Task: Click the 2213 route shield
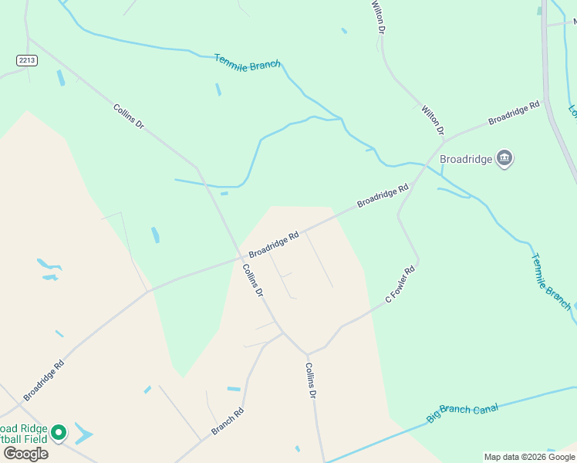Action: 27,59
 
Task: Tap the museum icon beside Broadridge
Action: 505,158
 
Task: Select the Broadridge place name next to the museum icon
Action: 465,159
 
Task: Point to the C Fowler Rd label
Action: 400,284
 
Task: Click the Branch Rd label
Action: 228,421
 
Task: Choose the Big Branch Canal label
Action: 463,412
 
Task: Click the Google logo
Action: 25,453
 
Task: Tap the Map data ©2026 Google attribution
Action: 529,457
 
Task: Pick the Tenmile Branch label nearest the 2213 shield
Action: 247,62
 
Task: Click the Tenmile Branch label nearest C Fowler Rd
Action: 551,281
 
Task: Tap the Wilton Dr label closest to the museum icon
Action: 431,121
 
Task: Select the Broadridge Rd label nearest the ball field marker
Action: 43,378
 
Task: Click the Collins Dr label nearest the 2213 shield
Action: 128,117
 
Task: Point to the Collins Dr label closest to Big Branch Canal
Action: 311,380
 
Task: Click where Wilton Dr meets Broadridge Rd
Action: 445,140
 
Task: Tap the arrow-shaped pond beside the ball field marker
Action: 83,434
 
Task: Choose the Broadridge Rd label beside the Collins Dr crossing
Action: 273,245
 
